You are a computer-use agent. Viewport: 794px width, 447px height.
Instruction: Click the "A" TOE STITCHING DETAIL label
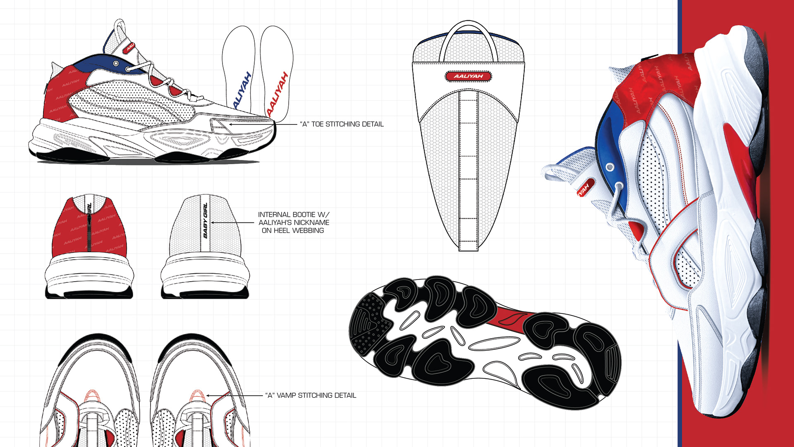[x=342, y=124]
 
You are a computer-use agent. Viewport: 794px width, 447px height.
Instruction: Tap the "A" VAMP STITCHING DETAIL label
[x=311, y=396]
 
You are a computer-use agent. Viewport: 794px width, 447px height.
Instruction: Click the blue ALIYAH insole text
[x=243, y=90]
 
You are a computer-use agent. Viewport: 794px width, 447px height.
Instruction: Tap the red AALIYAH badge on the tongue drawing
[x=468, y=76]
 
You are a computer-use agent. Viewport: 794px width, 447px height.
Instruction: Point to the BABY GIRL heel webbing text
[x=205, y=220]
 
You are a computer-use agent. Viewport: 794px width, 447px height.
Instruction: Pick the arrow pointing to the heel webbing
[x=232, y=222]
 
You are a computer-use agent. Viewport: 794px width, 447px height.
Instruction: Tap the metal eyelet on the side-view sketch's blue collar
[x=116, y=63]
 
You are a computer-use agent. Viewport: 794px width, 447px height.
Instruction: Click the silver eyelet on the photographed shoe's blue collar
[x=610, y=167]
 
